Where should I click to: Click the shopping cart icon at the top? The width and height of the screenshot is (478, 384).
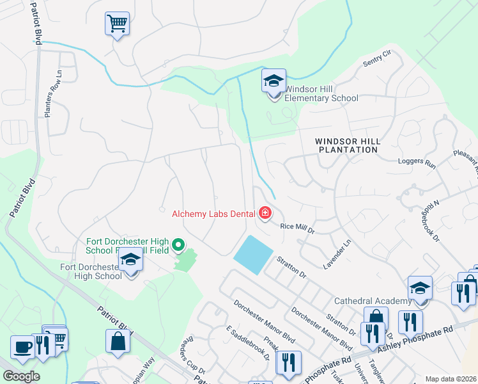117,24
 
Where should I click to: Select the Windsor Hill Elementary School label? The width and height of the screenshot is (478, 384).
321,93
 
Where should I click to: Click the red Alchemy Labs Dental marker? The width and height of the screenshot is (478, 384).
264,212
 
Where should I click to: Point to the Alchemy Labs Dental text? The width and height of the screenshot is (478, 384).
213,213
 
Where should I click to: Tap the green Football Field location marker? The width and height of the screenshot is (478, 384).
179,244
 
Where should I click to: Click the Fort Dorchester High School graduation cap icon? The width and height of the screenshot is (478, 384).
130,260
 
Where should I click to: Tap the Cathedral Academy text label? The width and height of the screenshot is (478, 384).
371,301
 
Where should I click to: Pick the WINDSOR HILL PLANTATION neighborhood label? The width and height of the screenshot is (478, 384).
348,145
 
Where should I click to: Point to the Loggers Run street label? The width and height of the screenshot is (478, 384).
416,164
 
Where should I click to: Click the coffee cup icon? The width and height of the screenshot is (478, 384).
22,348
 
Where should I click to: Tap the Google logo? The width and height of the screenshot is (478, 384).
21,376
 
